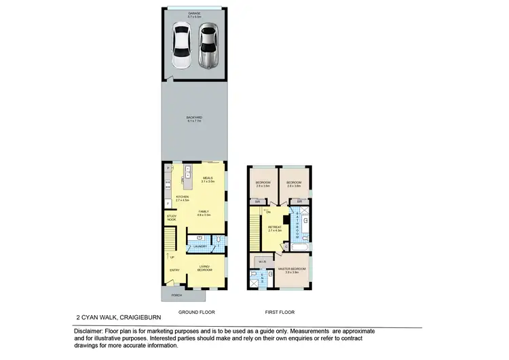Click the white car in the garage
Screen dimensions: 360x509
(x=181, y=46)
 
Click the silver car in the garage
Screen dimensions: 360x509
(x=209, y=46)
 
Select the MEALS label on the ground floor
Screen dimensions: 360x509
(x=208, y=179)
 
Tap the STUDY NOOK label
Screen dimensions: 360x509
(x=172, y=218)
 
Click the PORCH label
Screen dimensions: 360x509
(x=176, y=295)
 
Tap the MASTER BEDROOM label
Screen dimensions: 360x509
(x=293, y=269)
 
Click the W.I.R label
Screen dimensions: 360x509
(x=262, y=261)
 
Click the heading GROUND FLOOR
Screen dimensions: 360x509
(x=197, y=311)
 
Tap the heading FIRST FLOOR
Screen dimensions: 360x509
(x=279, y=311)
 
